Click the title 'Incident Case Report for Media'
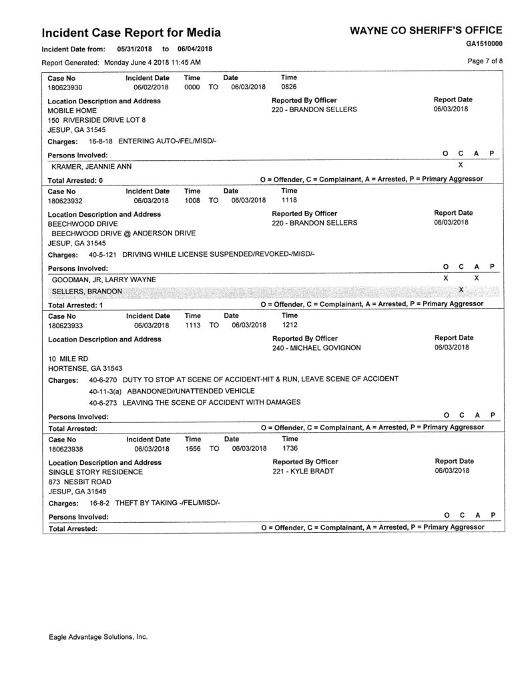point(131,33)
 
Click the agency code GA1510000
point(484,43)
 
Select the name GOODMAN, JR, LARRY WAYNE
point(103,279)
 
